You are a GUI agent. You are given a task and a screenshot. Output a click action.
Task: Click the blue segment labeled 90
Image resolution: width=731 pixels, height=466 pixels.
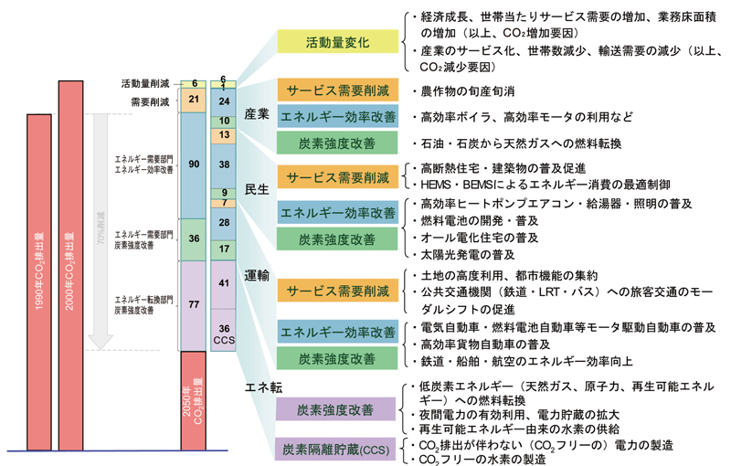click(x=192, y=165)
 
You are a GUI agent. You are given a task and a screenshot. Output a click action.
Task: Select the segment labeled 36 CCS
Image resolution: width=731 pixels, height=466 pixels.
click(x=224, y=334)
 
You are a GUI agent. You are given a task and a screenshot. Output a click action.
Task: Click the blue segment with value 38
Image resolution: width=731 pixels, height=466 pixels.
click(x=224, y=164)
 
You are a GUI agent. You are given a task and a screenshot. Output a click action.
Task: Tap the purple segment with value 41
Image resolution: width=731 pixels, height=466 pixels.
click(x=224, y=283)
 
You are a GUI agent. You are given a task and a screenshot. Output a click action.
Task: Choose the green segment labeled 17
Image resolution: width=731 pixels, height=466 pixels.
click(x=224, y=248)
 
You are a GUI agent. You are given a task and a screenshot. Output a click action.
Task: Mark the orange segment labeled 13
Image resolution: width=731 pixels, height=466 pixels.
click(x=224, y=135)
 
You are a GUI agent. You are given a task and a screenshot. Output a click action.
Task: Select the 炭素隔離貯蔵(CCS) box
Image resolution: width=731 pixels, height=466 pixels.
click(x=338, y=450)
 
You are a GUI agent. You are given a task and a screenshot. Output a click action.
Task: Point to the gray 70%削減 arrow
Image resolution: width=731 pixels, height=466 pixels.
click(x=102, y=228)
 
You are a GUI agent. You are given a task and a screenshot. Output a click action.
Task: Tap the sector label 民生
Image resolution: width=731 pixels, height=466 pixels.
click(x=258, y=190)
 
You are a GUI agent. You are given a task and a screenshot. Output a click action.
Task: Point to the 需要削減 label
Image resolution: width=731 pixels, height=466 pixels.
click(x=151, y=101)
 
